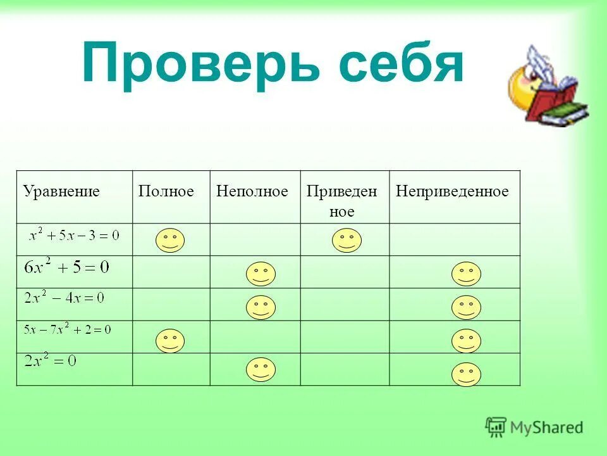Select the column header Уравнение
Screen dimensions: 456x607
61,191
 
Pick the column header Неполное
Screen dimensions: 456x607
252,191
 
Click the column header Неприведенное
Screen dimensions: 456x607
452,191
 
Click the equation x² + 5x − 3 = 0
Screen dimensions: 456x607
74,236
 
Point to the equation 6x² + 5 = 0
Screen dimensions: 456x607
66,267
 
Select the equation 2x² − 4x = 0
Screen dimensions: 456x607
64,298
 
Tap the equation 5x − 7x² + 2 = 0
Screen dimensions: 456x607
67,329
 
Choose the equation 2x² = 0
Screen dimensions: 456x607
50,362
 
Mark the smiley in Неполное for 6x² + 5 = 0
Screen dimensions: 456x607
261,274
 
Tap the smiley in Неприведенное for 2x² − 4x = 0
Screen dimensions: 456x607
466,307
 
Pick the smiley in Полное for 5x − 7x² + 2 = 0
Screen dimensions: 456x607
169,341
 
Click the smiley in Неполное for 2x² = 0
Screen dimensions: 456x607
261,369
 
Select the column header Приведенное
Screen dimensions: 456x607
341,201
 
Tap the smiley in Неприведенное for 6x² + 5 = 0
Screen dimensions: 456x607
466,274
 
